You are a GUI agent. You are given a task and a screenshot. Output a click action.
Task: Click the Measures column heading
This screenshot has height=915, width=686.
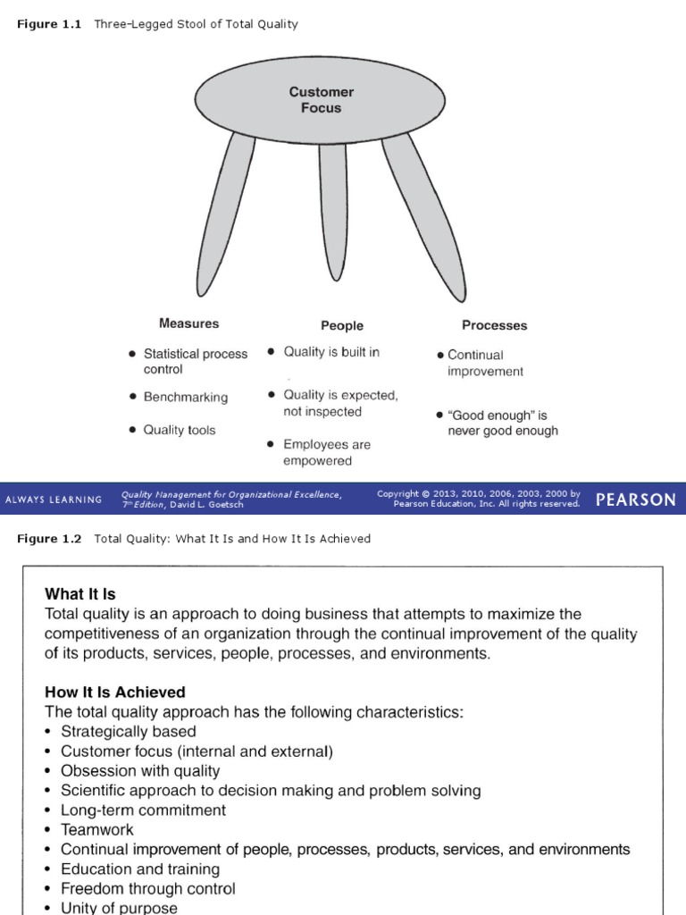click(x=188, y=323)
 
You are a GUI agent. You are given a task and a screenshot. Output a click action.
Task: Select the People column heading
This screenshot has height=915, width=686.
click(x=342, y=326)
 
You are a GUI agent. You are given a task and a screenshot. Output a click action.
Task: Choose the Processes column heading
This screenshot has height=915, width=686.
click(x=494, y=325)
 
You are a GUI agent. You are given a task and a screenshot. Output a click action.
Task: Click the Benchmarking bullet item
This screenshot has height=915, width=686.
click(x=185, y=397)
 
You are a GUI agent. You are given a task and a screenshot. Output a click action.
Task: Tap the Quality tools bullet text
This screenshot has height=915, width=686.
click(x=180, y=430)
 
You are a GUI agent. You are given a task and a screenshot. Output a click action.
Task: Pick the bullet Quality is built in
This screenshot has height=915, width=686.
click(x=330, y=352)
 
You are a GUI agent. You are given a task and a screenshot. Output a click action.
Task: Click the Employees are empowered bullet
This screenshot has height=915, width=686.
click(x=326, y=452)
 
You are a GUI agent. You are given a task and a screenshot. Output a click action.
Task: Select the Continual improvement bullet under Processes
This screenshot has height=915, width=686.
click(x=485, y=363)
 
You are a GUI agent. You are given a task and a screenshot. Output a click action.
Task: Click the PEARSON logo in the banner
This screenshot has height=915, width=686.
click(x=635, y=499)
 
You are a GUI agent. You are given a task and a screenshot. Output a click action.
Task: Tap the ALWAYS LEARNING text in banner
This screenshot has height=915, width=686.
click(x=54, y=499)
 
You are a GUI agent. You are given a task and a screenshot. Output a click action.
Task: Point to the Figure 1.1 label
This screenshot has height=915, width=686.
click(x=49, y=24)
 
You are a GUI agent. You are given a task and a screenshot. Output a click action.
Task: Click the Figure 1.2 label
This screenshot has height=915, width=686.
click(x=49, y=539)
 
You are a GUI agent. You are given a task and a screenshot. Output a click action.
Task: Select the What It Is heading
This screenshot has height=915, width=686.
click(x=80, y=594)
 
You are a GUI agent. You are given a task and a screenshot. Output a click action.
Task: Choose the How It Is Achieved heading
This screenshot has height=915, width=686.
click(x=115, y=693)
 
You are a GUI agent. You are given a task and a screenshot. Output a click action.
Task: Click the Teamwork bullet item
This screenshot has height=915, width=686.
click(x=96, y=830)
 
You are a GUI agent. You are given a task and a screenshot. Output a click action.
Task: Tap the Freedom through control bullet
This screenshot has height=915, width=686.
click(x=147, y=889)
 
